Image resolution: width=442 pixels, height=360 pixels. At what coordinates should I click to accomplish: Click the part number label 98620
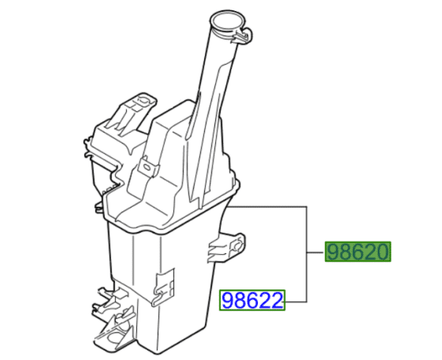pyautogui.click(x=358, y=253)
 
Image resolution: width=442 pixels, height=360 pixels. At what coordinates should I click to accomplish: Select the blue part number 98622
pyautogui.click(x=253, y=300)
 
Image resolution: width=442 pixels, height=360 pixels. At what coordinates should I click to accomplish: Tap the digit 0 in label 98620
pyautogui.click(x=381, y=253)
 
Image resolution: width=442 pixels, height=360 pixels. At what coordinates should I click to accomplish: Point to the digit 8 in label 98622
pyautogui.click(x=242, y=300)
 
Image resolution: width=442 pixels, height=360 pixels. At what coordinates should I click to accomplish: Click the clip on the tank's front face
pyautogui.click(x=164, y=283)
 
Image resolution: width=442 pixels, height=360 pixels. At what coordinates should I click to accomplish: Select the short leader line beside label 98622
pyautogui.click(x=297, y=300)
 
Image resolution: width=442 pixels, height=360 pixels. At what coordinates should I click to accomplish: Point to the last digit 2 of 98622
pyautogui.click(x=277, y=300)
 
